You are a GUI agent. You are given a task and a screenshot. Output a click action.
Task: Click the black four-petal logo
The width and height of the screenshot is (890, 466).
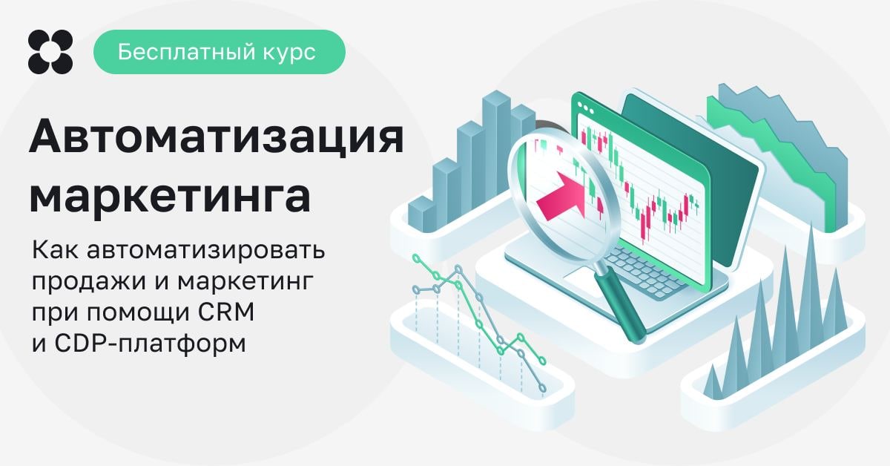point(50,52)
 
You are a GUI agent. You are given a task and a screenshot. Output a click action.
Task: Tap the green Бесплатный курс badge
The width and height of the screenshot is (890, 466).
point(220,52)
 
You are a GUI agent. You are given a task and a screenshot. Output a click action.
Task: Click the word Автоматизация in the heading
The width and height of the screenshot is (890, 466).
point(217,137)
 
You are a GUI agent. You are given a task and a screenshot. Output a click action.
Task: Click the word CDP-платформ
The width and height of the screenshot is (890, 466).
point(150,343)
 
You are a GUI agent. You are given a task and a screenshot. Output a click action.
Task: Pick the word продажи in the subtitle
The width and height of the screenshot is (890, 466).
point(88,282)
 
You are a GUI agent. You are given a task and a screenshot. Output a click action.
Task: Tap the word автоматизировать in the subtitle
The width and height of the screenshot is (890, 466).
point(206,251)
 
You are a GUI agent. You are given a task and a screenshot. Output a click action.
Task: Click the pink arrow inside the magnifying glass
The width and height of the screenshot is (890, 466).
point(560,196)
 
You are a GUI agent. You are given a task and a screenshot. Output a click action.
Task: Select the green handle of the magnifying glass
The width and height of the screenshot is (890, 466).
point(621,305)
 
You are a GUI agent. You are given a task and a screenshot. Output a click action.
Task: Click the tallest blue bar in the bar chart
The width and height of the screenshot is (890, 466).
point(497,151)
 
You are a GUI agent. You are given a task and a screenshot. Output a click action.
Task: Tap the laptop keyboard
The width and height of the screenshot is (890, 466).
point(644,271)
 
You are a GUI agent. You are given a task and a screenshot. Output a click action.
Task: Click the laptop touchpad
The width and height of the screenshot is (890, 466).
point(582,281)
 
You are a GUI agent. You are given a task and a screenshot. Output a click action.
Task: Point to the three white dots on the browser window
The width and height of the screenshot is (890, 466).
point(585,108)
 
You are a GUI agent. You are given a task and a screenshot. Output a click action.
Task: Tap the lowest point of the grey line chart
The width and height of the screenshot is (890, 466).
point(543,388)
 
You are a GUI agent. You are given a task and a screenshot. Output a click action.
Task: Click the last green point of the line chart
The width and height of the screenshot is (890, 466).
point(542,361)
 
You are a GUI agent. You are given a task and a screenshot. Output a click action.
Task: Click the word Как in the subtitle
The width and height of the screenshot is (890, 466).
point(55,251)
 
